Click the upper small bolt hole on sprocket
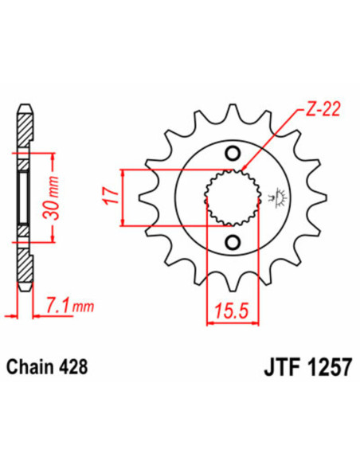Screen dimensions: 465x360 pos(233,154)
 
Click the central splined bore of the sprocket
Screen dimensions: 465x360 pos(232,198)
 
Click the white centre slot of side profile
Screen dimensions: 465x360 pos(25,198)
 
